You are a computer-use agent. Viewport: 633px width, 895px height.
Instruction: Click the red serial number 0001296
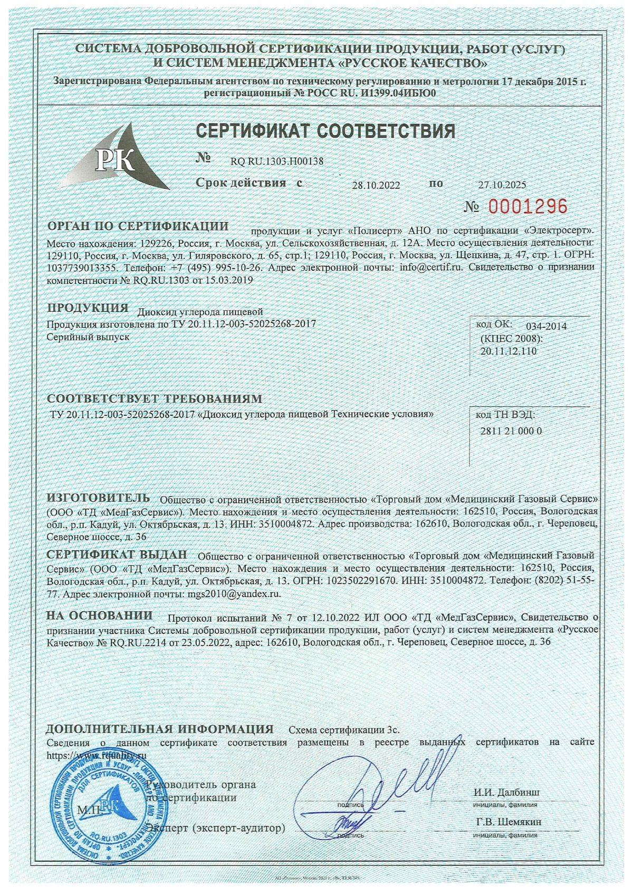pos(527,206)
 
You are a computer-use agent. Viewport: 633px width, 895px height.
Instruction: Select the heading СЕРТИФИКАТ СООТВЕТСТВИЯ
pos(325,130)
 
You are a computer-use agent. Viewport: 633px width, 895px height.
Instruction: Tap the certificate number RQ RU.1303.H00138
pos(277,161)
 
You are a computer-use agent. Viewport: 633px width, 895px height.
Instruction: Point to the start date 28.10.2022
pos(376,185)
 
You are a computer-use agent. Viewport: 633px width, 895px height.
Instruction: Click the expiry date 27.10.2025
pos(502,185)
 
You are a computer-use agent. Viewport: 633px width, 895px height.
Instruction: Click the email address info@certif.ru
pos(431,267)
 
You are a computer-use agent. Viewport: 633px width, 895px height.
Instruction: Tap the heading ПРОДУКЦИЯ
pos(88,308)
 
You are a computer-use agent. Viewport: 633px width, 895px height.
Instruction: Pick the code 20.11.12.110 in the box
pos(509,351)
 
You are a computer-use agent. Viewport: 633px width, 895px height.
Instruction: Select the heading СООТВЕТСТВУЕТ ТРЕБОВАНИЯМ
pos(154,398)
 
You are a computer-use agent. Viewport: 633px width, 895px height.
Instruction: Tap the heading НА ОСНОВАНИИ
pos(99,615)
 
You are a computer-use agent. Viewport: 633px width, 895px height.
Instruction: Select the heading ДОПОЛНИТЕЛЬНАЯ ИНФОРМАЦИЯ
pos(160,729)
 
